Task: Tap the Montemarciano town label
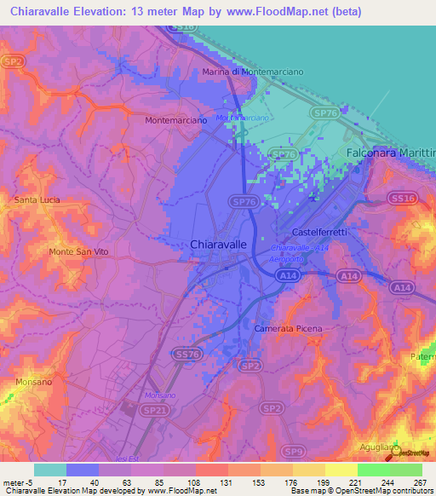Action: click(177, 121)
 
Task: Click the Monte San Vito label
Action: click(79, 252)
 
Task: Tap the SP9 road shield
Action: click(293, 451)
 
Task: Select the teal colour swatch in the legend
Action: click(49, 470)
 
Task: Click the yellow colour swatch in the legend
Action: click(341, 470)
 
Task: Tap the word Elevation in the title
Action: click(105, 12)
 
